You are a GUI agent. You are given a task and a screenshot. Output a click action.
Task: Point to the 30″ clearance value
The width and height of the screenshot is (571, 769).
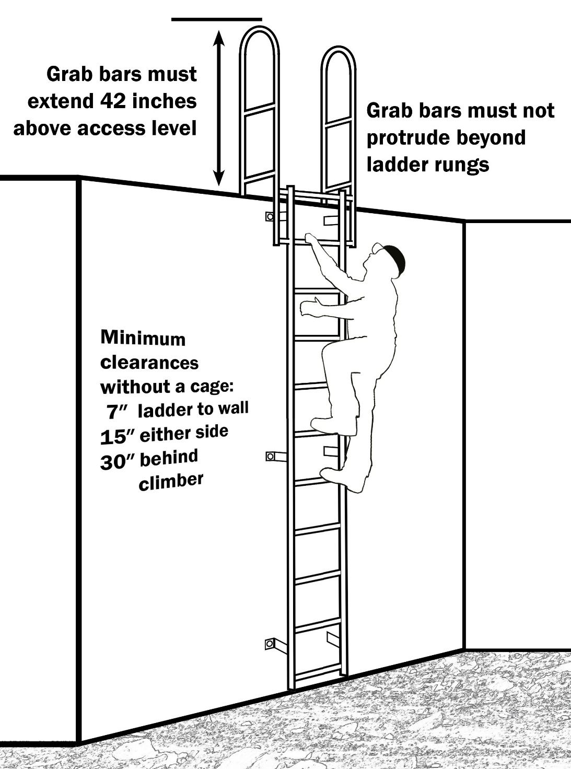tap(118, 462)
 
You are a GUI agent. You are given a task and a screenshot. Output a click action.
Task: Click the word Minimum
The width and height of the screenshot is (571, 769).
tap(143, 338)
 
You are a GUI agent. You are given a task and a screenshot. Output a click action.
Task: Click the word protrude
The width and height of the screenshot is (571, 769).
tap(409, 138)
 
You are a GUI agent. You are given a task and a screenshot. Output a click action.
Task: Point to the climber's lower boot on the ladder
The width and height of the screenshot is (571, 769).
tap(334, 476)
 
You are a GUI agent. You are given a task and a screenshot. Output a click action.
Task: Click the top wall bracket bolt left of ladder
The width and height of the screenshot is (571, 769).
tap(270, 216)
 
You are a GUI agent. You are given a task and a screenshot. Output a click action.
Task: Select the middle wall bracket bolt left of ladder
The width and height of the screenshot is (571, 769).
tap(270, 456)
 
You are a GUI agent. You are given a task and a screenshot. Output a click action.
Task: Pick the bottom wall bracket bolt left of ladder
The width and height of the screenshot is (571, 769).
tap(270, 644)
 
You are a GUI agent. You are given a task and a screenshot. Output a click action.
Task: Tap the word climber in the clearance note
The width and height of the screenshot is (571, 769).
tap(171, 481)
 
